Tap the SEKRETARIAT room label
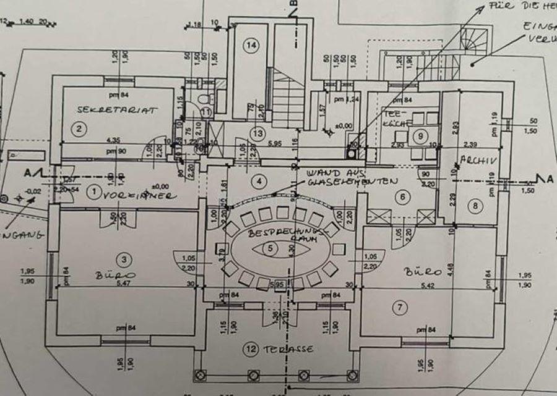(x=118, y=110)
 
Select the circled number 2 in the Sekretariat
(x=79, y=129)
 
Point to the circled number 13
(x=258, y=133)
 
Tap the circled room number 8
(x=475, y=206)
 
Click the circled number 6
(x=403, y=197)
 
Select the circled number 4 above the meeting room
(x=260, y=182)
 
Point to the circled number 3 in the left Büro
(x=126, y=259)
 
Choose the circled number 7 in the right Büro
(x=400, y=307)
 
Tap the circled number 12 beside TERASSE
(x=251, y=350)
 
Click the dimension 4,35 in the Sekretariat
(x=112, y=140)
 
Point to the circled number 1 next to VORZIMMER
(x=95, y=194)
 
